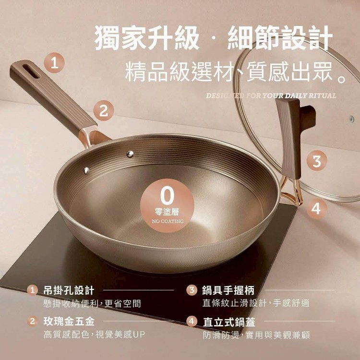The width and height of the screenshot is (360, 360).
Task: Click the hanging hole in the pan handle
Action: (x=32, y=71)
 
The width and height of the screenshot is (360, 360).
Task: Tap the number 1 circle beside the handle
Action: (x=54, y=63)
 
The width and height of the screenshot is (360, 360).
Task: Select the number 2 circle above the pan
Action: (x=104, y=111)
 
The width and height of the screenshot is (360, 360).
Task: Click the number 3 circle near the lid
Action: (x=317, y=160)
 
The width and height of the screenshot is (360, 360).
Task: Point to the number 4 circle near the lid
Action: (x=316, y=208)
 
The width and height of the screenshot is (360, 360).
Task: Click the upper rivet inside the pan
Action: (x=130, y=154)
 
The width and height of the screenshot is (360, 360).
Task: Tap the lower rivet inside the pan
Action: (x=86, y=170)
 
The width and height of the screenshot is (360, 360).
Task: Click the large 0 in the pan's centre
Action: (x=167, y=196)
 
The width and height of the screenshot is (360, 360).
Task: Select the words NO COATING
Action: (x=168, y=221)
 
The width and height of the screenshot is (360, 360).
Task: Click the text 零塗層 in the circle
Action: (x=167, y=212)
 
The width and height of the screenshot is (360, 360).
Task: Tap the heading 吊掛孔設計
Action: (x=69, y=290)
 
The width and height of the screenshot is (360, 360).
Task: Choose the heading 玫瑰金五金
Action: (x=69, y=321)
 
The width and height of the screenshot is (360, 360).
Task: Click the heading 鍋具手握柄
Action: (x=228, y=290)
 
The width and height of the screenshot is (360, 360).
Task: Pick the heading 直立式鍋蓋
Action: (x=229, y=322)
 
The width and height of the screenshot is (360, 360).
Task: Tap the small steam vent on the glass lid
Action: (x=351, y=119)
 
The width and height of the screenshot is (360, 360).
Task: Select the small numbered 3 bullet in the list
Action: (x=192, y=290)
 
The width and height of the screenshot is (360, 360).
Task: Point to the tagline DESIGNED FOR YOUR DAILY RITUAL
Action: (x=271, y=96)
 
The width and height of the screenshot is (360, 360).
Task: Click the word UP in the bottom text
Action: (x=139, y=335)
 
